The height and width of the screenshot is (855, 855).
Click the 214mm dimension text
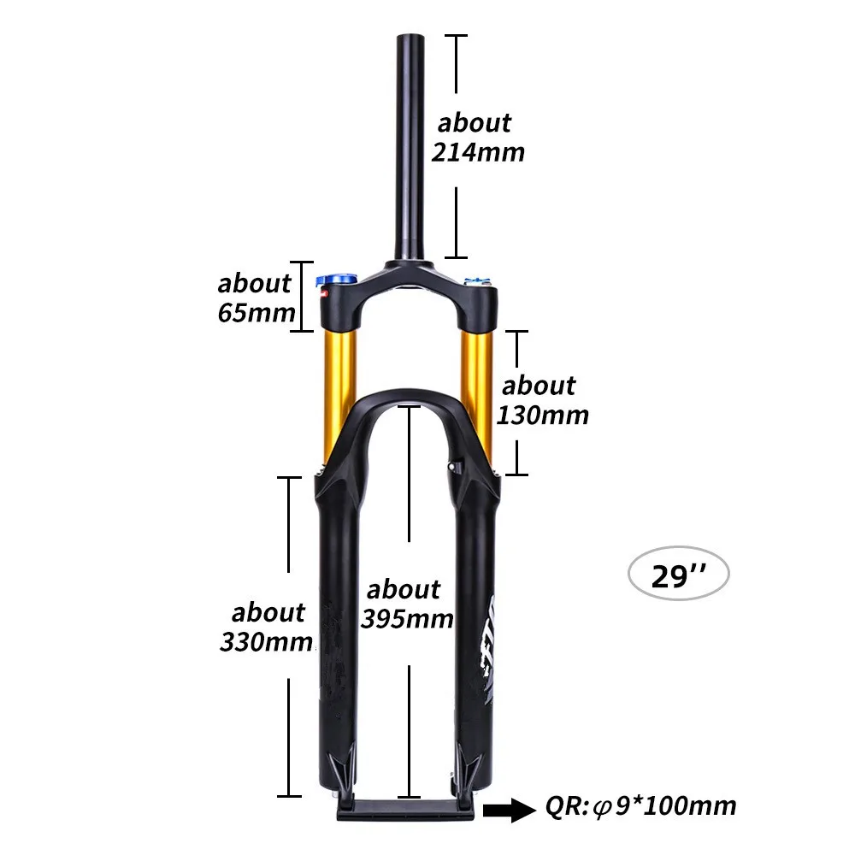tap(478, 152)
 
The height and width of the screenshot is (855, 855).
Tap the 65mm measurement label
tap(256, 311)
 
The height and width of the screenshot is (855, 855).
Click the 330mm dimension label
tap(266, 640)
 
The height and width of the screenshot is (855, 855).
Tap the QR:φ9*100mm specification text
tap(640, 805)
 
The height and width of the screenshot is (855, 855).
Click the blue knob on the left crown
tap(332, 280)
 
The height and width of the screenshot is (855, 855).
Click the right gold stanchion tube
tap(476, 376)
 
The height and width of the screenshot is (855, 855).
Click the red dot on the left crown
tap(324, 293)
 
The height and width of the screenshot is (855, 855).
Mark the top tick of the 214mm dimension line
tap(457, 36)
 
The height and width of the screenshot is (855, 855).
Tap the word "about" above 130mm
tap(539, 386)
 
